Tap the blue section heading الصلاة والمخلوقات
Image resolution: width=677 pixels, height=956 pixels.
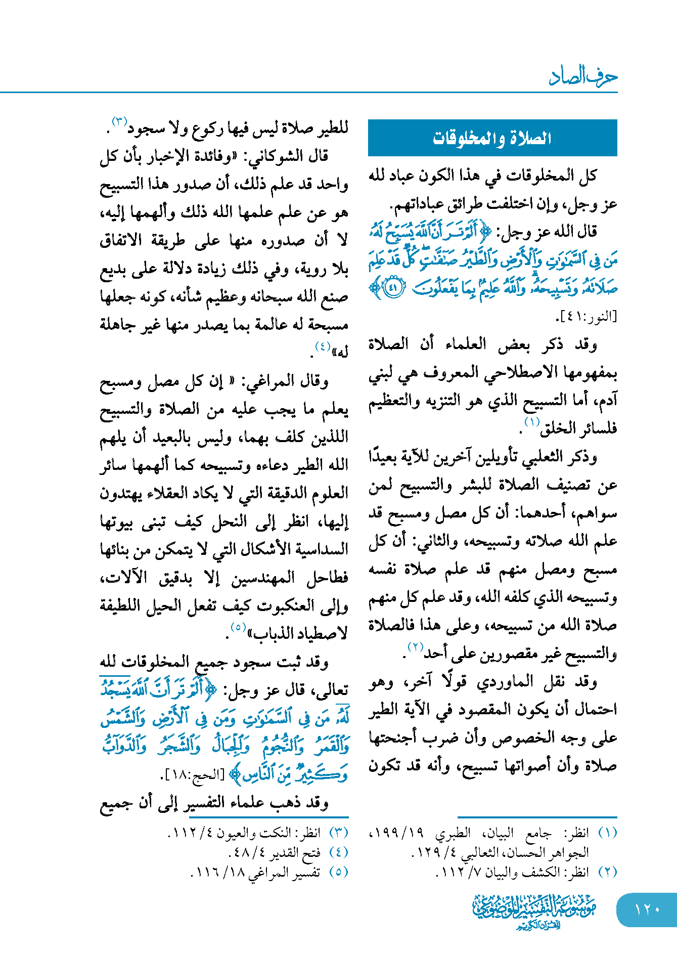(x=492, y=138)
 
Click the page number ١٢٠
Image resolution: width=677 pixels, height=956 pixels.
(x=647, y=909)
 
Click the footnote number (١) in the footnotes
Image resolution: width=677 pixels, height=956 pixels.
(x=607, y=833)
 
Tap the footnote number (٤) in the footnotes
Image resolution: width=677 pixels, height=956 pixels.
(x=338, y=852)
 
